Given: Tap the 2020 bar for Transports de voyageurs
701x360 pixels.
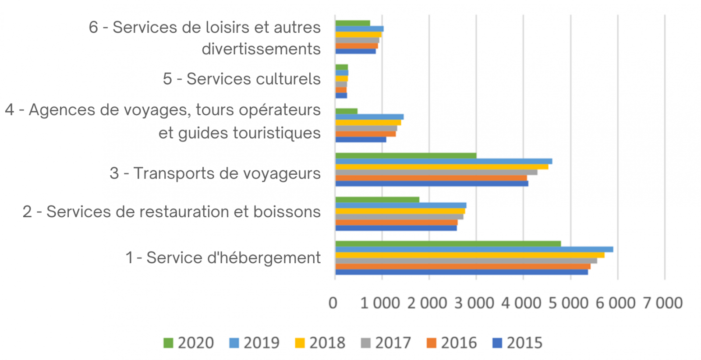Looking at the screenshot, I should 406,155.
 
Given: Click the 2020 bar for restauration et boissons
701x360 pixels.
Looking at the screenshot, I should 377,200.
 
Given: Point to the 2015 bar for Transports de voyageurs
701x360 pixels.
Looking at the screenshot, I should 432,184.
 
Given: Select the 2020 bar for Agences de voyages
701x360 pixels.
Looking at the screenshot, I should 346,111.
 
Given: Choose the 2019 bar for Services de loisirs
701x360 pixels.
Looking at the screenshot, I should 359,29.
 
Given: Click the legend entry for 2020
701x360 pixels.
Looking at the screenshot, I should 189,342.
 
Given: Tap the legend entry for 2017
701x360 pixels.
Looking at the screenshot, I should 386,342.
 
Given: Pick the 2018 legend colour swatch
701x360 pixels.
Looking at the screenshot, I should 300,343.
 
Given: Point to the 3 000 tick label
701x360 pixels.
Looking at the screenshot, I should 474,303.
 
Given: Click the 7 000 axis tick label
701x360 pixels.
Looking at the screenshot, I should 663,303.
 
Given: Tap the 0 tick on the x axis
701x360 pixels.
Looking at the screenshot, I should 333,303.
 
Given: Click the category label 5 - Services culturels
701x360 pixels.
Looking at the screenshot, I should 241,79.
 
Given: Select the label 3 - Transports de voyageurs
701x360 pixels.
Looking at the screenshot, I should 215,173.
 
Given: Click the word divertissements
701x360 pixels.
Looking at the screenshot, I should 261,49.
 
